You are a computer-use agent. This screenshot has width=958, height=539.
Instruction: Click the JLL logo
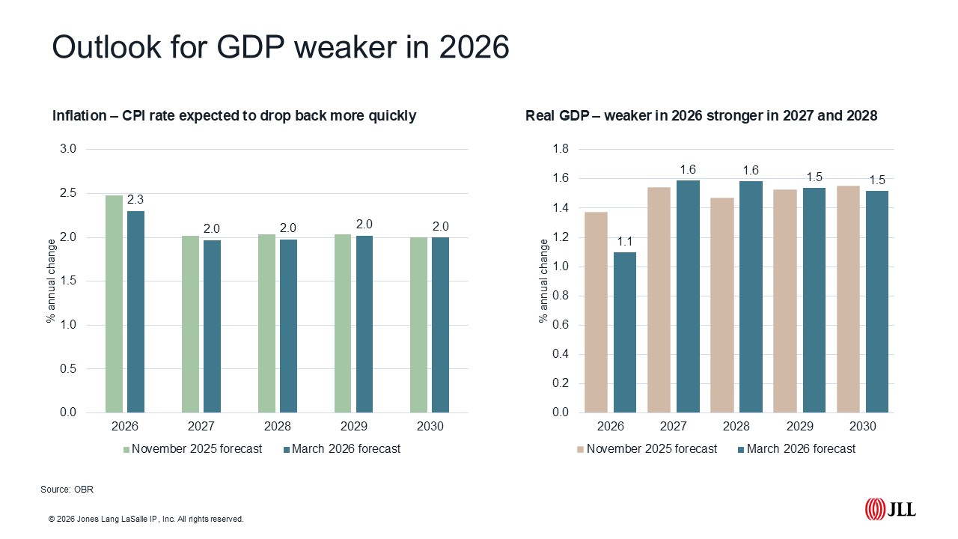[x=890, y=510]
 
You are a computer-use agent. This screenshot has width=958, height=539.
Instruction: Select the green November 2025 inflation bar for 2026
[x=114, y=304]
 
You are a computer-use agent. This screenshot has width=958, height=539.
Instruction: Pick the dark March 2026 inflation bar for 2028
[x=288, y=326]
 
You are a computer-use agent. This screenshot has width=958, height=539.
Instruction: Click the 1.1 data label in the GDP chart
[x=625, y=242]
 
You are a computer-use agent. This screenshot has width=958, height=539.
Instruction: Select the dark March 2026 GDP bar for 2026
[x=625, y=332]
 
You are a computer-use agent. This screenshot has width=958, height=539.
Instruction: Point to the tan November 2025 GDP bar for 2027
[x=659, y=299]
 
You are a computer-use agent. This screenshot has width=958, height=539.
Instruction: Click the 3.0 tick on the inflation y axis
[x=68, y=149]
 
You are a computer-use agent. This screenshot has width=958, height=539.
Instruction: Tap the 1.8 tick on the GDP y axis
[x=560, y=149]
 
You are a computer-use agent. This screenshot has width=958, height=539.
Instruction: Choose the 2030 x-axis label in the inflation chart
[x=429, y=426]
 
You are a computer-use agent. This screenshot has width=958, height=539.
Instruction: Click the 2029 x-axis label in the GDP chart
[x=799, y=426]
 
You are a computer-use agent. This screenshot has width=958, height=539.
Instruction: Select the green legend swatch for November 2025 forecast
[x=126, y=450]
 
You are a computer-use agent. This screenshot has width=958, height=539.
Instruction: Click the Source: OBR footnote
[x=67, y=489]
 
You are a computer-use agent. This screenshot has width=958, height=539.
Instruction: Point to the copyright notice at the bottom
[x=146, y=519]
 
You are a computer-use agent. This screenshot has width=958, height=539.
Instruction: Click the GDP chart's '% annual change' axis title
[x=544, y=281]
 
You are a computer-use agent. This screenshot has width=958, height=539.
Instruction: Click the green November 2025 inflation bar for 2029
[x=343, y=323]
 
